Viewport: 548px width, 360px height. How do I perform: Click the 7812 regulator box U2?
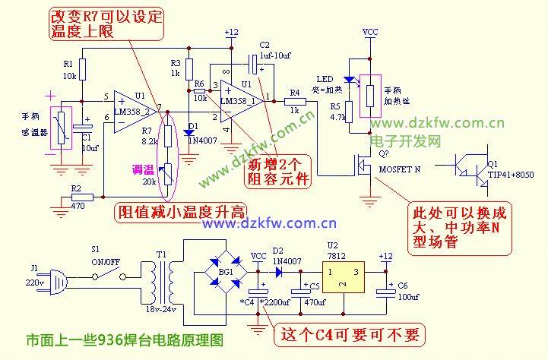(341, 279)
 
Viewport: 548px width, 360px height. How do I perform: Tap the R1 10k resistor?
(83, 70)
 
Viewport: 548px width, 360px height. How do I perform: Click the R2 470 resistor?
(82, 197)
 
